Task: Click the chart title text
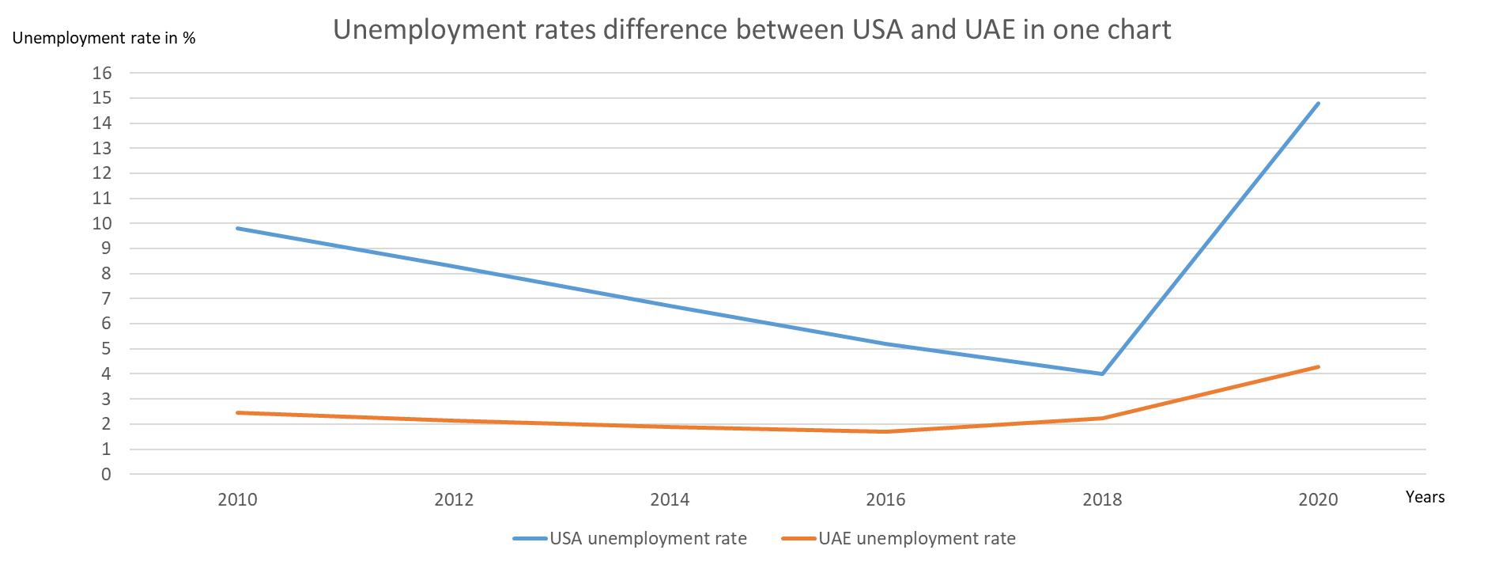pyautogui.click(x=751, y=30)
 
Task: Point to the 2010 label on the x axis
pyautogui.click(x=237, y=500)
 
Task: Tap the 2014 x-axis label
pyautogui.click(x=670, y=500)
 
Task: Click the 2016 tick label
pyautogui.click(x=885, y=500)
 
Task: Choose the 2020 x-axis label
pyautogui.click(x=1318, y=500)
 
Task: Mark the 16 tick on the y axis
pyautogui.click(x=103, y=73)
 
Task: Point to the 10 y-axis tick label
pyautogui.click(x=103, y=223)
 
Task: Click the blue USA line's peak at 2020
pyautogui.click(x=1318, y=103)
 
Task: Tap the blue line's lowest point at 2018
pyautogui.click(x=1102, y=374)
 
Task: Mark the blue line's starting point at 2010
pyautogui.click(x=237, y=228)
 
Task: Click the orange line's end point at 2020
pyautogui.click(x=1318, y=366)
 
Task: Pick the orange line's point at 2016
pyautogui.click(x=885, y=431)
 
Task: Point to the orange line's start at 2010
pyautogui.click(x=237, y=412)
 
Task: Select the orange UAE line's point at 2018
pyautogui.click(x=1102, y=418)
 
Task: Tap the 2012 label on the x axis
pyautogui.click(x=454, y=500)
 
